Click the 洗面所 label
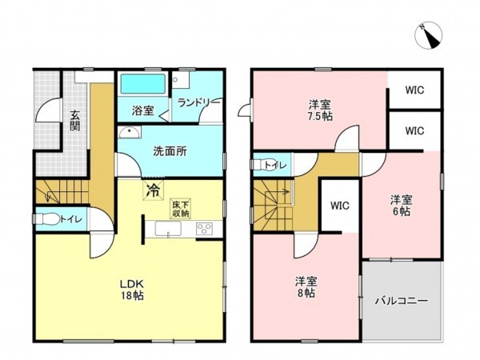point(170,150)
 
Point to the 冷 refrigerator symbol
point(151,191)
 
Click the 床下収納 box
point(180,209)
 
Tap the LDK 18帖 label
point(133,287)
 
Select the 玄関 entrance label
point(74,120)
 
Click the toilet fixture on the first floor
point(48,218)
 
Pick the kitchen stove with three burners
point(203,230)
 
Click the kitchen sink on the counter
point(166,230)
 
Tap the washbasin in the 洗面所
point(126,134)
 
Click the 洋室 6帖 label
point(400,205)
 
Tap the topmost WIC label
point(414,90)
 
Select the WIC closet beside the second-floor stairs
point(340,206)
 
